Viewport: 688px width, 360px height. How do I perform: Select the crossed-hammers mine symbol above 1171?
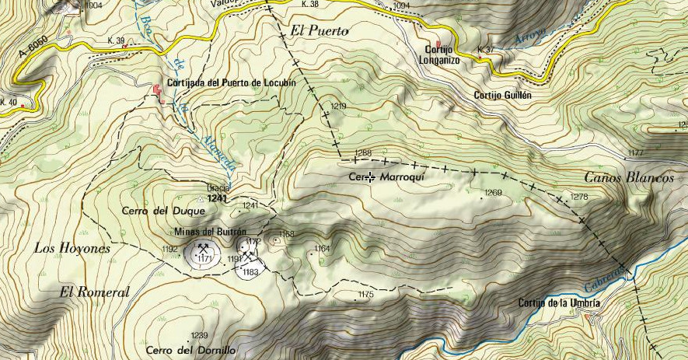point(204,249)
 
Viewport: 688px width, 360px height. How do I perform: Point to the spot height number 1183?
point(250,272)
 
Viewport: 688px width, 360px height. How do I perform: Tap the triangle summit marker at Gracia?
point(201,199)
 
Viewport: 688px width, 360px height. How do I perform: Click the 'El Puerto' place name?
point(319,31)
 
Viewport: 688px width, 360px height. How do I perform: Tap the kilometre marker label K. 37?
point(486,50)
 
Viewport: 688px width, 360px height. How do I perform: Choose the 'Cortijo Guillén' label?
point(502,95)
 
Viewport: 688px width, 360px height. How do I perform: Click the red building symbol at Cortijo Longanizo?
point(438,44)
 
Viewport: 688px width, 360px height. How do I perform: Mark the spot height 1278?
point(579,197)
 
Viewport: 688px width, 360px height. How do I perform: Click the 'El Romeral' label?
point(94,292)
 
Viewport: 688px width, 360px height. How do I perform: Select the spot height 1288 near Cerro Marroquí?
point(363,152)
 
